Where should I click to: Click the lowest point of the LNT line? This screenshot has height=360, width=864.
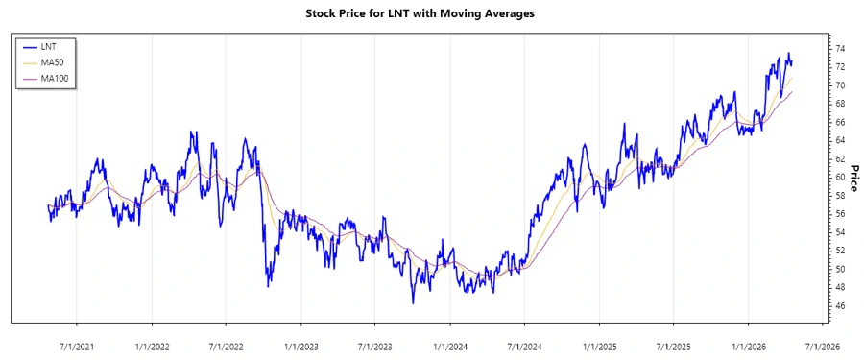pos(413,303)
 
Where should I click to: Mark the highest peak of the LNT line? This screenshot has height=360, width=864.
pos(788,54)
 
